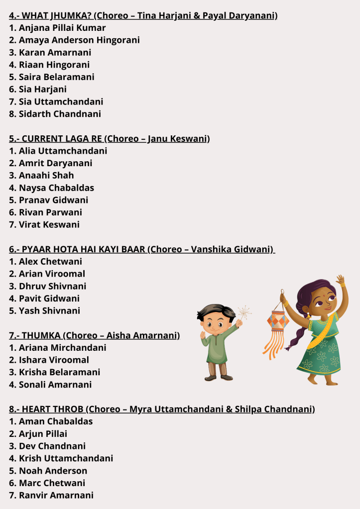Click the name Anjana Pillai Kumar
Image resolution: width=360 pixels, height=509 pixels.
click(x=62, y=28)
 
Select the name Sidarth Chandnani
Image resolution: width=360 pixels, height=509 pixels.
click(x=60, y=114)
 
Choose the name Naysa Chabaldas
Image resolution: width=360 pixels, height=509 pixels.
click(x=56, y=188)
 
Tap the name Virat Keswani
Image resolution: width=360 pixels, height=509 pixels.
click(x=49, y=224)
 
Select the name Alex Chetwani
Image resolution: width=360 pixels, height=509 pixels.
click(x=50, y=261)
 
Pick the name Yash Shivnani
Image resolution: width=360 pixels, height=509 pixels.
click(x=49, y=310)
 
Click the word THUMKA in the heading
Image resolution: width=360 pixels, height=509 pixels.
click(x=42, y=335)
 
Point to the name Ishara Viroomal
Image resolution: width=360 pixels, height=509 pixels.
click(x=54, y=360)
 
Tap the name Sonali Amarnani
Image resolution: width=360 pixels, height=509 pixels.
click(x=55, y=385)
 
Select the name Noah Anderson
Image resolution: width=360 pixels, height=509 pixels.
click(x=53, y=471)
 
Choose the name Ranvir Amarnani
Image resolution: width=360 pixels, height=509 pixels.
click(x=56, y=495)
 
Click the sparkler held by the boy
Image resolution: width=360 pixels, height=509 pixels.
click(x=243, y=313)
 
